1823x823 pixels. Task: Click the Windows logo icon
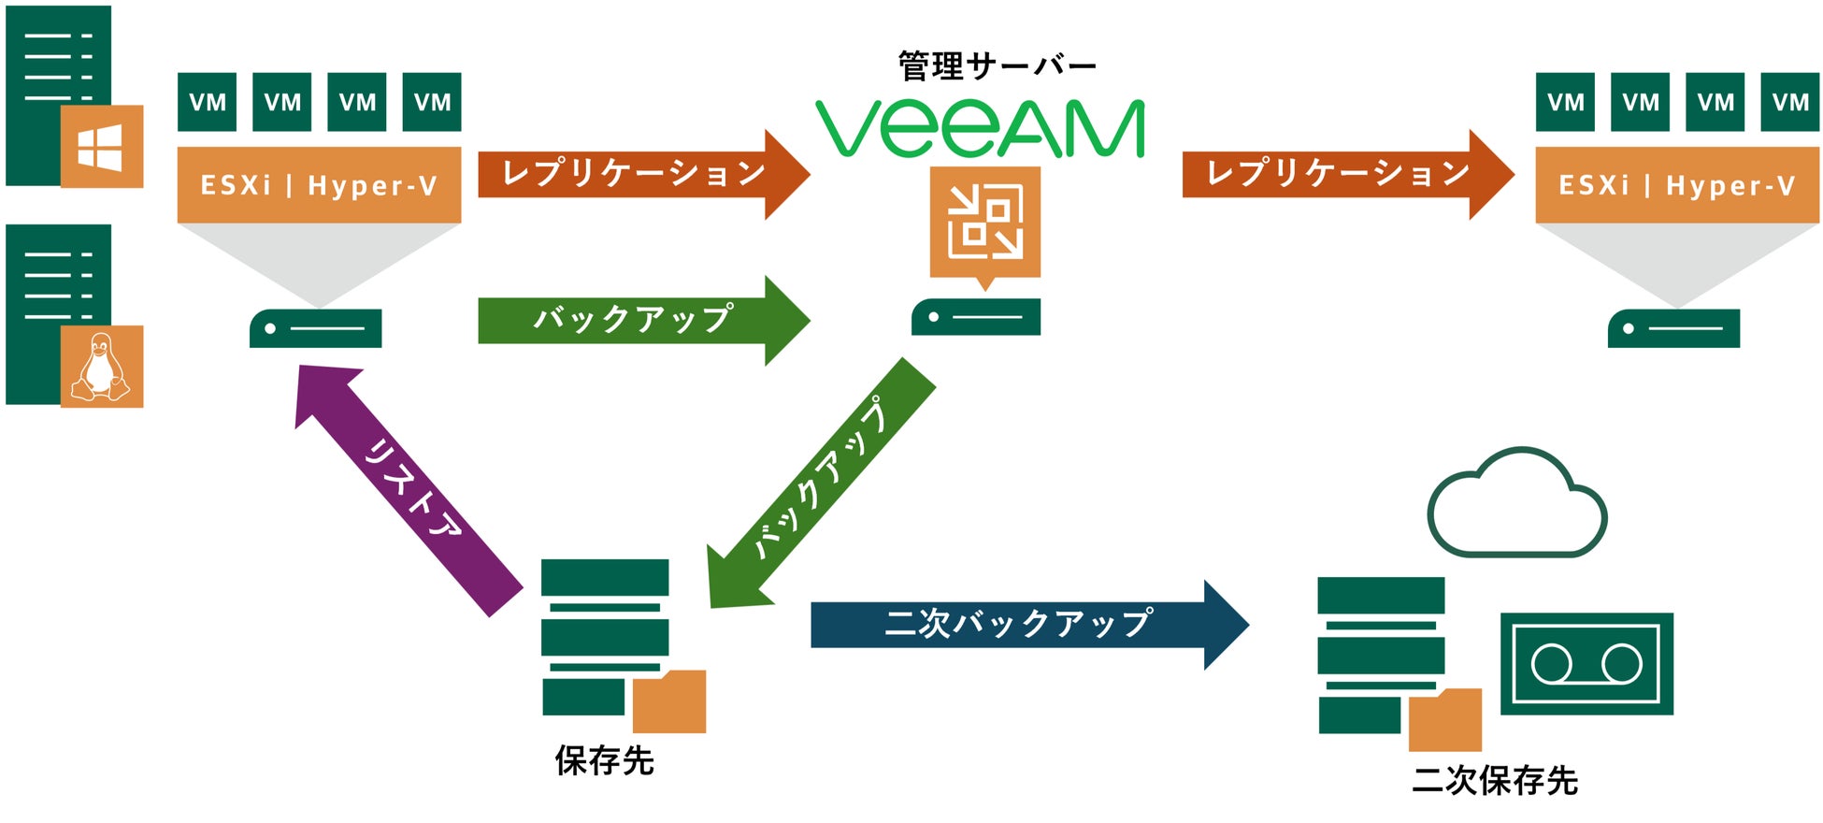(101, 147)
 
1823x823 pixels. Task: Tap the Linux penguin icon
(101, 367)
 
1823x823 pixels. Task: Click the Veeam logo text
(980, 129)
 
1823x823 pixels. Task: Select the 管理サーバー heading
(997, 65)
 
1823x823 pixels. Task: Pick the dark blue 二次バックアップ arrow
(1019, 624)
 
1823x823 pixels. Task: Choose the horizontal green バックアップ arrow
(636, 320)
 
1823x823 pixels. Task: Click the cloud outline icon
(1516, 505)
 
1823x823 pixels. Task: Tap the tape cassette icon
(1586, 664)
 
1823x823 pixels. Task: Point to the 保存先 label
(605, 760)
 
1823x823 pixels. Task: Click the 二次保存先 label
(1494, 779)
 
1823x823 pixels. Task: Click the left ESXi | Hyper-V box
(319, 184)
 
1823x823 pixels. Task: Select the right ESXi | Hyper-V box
(1676, 184)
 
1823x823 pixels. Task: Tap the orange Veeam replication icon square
(984, 222)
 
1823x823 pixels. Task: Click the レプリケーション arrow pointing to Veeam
(636, 174)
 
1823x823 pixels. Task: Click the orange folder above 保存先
(669, 702)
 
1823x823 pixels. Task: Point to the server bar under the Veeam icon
(975, 317)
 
